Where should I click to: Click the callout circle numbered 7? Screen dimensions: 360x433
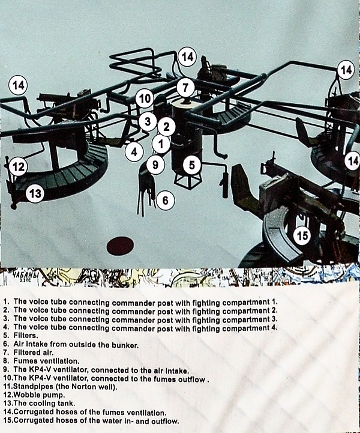pyautogui.click(x=185, y=88)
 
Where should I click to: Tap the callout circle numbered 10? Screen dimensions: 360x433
pyautogui.click(x=145, y=98)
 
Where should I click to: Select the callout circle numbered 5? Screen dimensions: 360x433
pyautogui.click(x=192, y=165)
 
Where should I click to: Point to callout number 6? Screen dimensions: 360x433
pyautogui.click(x=165, y=200)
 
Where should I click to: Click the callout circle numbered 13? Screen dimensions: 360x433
pyautogui.click(x=35, y=193)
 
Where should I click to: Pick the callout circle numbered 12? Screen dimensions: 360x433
pyautogui.click(x=19, y=167)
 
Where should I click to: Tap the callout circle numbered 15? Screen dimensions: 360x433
pyautogui.click(x=302, y=235)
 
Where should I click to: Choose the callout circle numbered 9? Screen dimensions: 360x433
pyautogui.click(x=155, y=165)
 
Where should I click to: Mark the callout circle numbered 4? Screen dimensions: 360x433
pyautogui.click(x=134, y=151)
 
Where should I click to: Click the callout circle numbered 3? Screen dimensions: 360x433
pyautogui.click(x=148, y=121)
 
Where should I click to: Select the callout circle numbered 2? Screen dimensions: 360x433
pyautogui.click(x=166, y=127)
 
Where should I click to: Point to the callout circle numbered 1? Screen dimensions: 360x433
pyautogui.click(x=161, y=144)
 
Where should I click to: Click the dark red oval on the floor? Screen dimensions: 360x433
pyautogui.click(x=120, y=246)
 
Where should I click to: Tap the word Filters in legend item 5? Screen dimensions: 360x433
pyautogui.click(x=26, y=336)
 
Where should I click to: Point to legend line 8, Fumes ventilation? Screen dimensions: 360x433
pyautogui.click(x=41, y=361)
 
